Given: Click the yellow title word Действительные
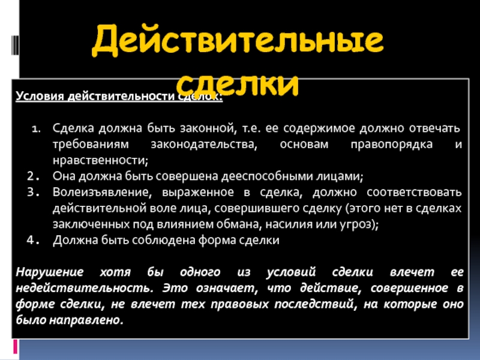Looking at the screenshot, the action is click(238, 40).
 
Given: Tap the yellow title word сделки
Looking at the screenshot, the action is click(237, 83).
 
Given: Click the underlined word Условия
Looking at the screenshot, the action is click(40, 96).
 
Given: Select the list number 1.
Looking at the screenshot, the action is click(37, 128).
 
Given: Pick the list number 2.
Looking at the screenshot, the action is click(34, 176).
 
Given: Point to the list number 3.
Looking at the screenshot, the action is click(34, 192).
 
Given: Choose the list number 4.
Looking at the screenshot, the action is click(34, 240).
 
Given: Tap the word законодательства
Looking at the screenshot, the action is click(204, 145).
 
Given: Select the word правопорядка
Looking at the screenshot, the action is click(392, 145).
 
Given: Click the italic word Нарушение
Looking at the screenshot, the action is click(50, 272).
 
